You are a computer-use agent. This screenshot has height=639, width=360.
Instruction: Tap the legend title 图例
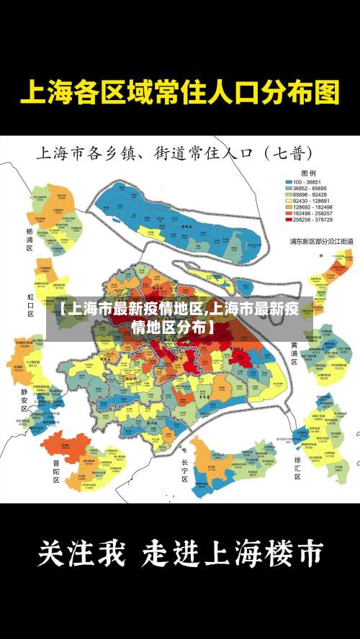click(309, 173)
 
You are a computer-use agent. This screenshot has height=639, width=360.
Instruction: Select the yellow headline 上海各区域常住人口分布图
click(179, 93)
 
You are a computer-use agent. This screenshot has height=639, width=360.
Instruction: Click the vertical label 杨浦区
click(30, 239)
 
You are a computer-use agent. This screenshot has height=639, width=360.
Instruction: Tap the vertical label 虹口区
click(30, 304)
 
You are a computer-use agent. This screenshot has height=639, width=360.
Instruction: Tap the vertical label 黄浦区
click(294, 354)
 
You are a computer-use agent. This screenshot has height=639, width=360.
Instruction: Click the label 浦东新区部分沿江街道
click(321, 241)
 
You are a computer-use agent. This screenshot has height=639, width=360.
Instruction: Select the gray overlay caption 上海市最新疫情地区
click(180, 318)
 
